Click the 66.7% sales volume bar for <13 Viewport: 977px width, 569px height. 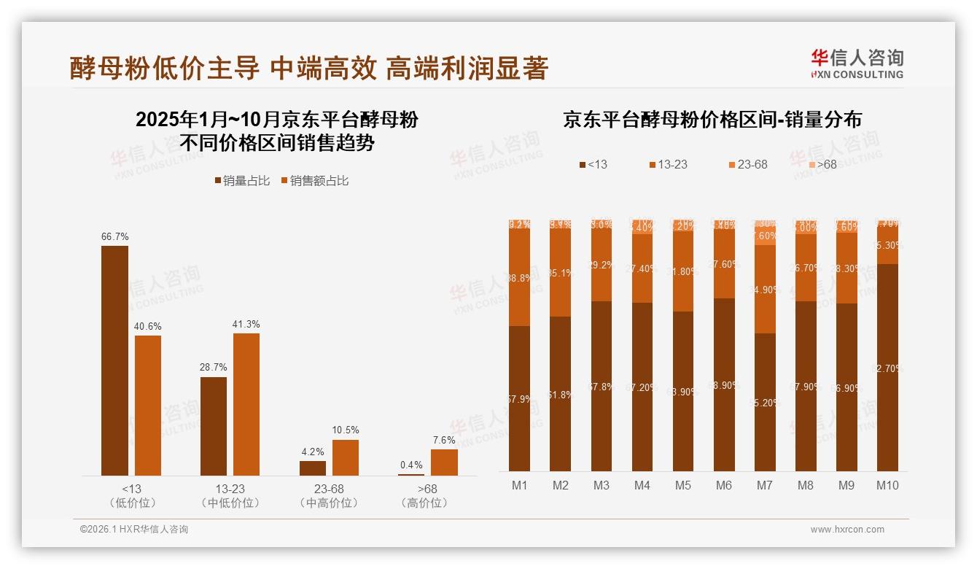(114, 360)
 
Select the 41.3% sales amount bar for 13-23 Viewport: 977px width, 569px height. (246, 404)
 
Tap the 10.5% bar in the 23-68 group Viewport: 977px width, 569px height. (346, 457)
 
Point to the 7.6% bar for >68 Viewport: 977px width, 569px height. (444, 462)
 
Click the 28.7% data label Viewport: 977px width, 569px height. (214, 367)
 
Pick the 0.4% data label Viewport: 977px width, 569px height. (411, 465)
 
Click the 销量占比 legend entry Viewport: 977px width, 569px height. (241, 181)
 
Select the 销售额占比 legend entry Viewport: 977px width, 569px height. (314, 181)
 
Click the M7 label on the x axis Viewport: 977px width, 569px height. (765, 485)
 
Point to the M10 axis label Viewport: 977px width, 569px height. (887, 485)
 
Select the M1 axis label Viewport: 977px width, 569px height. (520, 485)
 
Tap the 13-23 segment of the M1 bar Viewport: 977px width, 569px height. (520, 278)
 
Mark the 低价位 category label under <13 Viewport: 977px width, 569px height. (132, 503)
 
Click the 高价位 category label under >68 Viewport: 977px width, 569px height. (425, 503)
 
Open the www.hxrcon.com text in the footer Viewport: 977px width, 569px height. (847, 530)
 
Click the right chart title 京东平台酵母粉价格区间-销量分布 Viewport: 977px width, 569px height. (712, 120)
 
